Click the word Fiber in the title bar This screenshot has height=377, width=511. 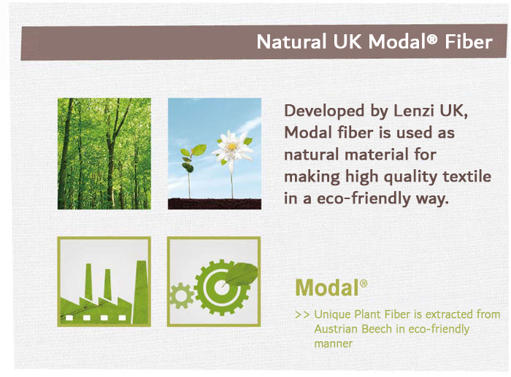tap(469, 42)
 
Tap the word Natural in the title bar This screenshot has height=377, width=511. tap(292, 42)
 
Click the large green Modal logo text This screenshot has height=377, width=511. tap(327, 288)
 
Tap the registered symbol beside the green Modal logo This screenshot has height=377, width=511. tap(364, 283)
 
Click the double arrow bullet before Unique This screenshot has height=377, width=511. tap(302, 315)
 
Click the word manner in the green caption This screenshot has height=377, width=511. tap(334, 343)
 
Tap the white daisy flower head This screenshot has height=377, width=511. tap(231, 148)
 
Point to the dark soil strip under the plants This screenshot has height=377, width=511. tap(215, 203)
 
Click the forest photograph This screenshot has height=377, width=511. tap(104, 154)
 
